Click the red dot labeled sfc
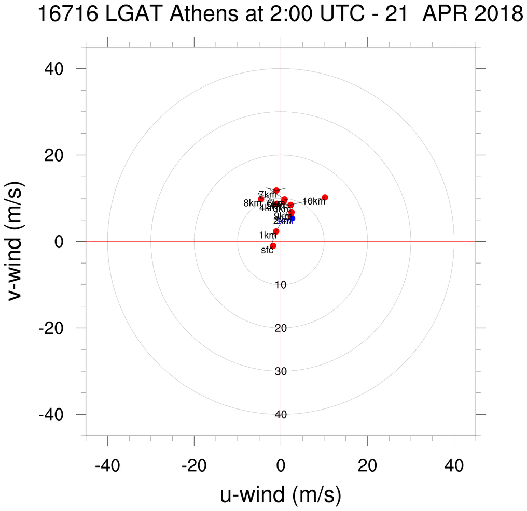tap(273, 246)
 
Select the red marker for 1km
tap(276, 231)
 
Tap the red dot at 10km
tap(325, 197)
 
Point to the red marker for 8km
tap(261, 199)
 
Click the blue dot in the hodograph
tap(293, 218)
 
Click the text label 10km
tap(313, 201)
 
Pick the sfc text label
tap(267, 251)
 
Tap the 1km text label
tap(267, 236)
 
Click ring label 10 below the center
tap(281, 285)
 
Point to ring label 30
tap(281, 371)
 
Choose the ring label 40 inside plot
tap(281, 415)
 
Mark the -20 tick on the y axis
tap(58, 328)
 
